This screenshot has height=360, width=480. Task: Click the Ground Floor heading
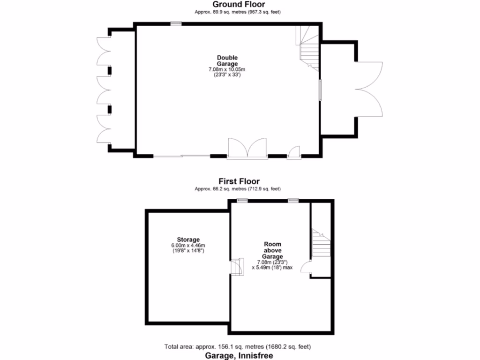point(239,4)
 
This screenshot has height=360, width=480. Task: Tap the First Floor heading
point(239,181)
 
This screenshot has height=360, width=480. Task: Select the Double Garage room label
point(227,61)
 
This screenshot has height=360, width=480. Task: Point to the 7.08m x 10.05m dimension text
point(227,69)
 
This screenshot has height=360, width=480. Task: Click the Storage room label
point(188,240)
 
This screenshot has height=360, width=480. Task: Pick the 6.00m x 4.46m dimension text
point(188,246)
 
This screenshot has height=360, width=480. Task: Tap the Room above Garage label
point(272,250)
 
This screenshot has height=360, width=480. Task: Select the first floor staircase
point(322,243)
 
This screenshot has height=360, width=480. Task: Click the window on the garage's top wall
point(176,23)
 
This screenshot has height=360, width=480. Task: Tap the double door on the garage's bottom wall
point(247,149)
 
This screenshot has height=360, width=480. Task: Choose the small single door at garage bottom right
point(294,152)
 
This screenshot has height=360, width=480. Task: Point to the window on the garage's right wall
point(321,90)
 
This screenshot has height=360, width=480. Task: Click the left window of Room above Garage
point(242,201)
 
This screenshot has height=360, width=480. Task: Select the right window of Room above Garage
point(293,201)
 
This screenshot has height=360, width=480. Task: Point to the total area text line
point(238,347)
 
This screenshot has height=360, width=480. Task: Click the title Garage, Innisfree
point(239,355)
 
